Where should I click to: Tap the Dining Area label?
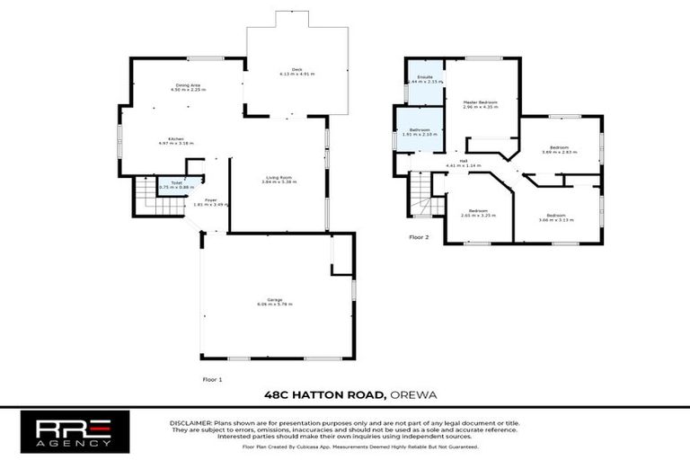(x=189, y=88)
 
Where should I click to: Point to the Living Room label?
(x=279, y=180)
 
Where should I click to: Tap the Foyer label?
(x=210, y=202)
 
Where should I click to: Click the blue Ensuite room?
(x=424, y=79)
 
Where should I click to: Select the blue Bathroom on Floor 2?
(x=420, y=133)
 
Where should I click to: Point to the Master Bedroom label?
(x=481, y=105)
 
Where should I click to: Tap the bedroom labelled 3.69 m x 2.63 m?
(x=558, y=150)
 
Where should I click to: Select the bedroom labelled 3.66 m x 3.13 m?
(x=556, y=217)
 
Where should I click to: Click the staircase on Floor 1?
(x=146, y=196)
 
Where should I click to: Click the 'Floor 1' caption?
(x=212, y=380)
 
